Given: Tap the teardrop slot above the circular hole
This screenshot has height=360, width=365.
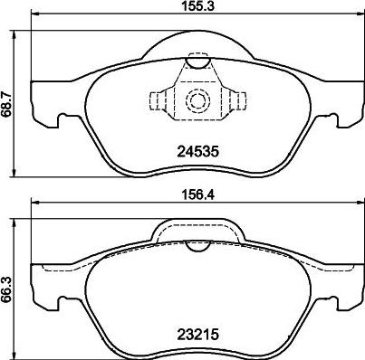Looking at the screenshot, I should [x=197, y=62].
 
